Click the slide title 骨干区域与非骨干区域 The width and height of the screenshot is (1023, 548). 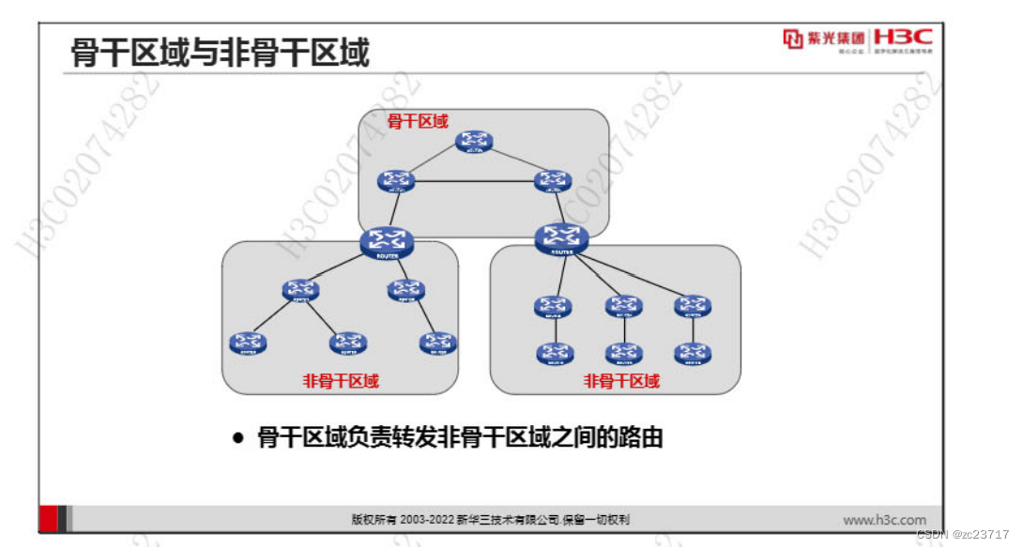tap(220, 53)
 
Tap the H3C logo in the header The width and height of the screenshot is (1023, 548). tap(903, 38)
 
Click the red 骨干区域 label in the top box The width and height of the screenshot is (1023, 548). tap(418, 121)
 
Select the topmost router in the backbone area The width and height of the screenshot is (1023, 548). tap(474, 142)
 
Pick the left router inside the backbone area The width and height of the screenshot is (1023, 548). tap(397, 181)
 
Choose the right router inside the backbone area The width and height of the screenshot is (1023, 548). tap(552, 181)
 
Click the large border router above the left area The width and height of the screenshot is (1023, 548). tap(380, 242)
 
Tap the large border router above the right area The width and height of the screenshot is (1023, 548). tap(561, 238)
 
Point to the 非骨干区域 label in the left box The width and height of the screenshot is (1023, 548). tap(341, 380)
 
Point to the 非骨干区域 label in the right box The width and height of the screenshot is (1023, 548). tap(621, 381)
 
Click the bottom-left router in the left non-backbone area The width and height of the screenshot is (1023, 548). tap(247, 342)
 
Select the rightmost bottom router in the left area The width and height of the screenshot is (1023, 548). tap(438, 342)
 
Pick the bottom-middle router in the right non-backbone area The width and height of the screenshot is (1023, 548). tap(623, 354)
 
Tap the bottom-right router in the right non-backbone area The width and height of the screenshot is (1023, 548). tap(693, 354)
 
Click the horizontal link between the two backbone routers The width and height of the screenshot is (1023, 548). tap(474, 181)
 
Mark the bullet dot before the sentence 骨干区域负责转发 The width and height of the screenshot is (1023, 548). tap(238, 437)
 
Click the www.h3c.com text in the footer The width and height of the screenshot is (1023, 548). tap(883, 520)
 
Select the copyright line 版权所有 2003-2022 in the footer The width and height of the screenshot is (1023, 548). tap(490, 520)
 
